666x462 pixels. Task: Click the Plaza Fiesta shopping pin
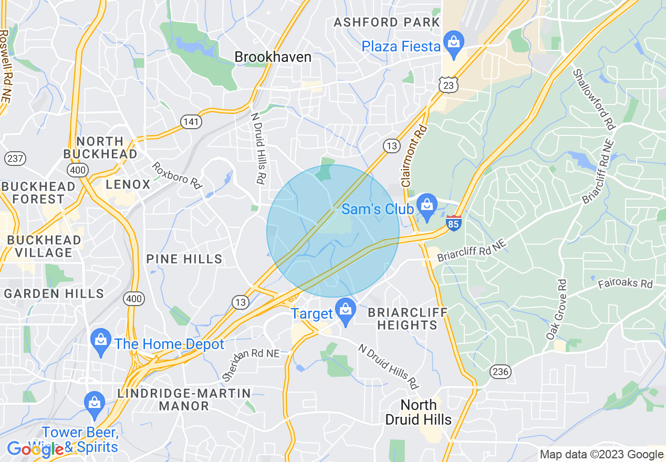pos(452,41)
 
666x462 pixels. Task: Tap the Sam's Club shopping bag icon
pos(426,204)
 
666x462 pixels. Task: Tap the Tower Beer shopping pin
pos(94,403)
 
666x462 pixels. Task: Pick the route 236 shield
pos(501,372)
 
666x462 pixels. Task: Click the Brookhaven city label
pos(273,57)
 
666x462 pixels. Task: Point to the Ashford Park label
pos(387,22)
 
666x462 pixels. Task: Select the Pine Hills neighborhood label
pos(184,259)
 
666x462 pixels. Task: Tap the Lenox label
pos(128,184)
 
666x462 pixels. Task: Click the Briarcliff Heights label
pos(407,319)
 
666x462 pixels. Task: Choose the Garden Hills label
pos(54,293)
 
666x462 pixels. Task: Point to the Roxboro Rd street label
pos(178,175)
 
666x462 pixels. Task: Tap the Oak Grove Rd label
pos(557,309)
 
